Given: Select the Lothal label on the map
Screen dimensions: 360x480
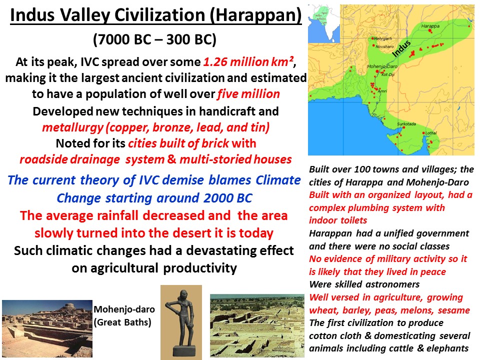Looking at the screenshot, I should coord(429,133).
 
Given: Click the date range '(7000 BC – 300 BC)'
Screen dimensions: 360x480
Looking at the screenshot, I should coord(155,39).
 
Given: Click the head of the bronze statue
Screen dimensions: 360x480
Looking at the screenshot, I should coord(178,295).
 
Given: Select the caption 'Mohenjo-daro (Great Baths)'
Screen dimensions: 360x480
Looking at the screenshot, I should coord(122,316).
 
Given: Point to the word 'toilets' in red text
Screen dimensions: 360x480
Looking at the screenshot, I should coord(350,220).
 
